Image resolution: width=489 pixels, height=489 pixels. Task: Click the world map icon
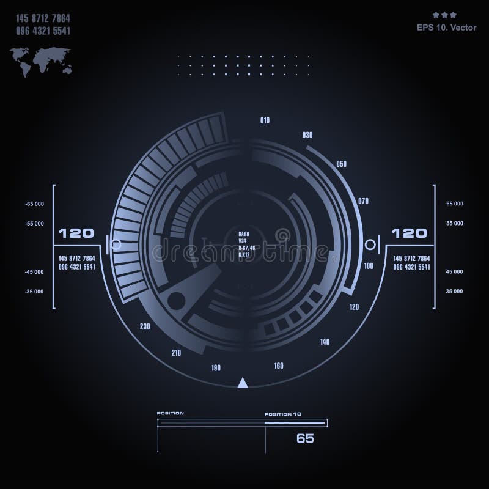coord(36,62)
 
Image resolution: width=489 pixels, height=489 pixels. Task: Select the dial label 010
coord(265,121)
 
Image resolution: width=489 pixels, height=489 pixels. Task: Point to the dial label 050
coord(341,164)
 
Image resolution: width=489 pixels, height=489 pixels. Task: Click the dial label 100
coord(369,266)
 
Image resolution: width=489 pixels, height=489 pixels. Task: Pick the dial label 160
coord(279,366)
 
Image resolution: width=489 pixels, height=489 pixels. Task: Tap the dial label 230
coord(145,327)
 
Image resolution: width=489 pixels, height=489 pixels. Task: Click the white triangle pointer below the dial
coord(243,383)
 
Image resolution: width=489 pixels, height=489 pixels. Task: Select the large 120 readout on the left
coord(76,233)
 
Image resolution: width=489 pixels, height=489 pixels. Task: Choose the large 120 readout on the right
coord(408,233)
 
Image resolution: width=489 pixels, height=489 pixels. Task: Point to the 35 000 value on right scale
coord(455,292)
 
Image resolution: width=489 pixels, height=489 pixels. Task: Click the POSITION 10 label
coord(282,414)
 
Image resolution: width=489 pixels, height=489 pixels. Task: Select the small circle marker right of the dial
coord(369,244)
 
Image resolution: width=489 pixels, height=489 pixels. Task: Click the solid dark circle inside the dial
coord(176,300)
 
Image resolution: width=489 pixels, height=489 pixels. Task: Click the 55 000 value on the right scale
coord(455,224)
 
